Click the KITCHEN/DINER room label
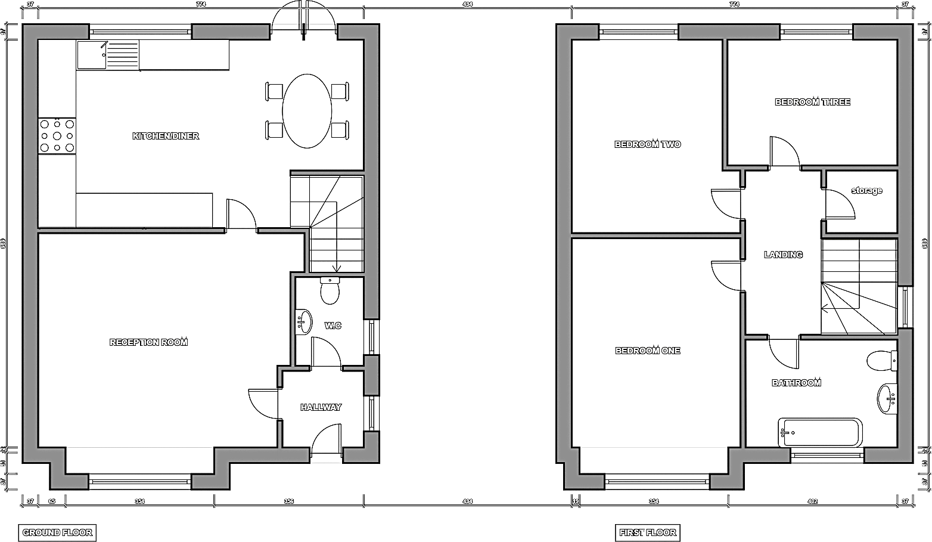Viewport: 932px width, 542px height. click(x=166, y=136)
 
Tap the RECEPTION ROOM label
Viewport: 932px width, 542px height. click(x=148, y=342)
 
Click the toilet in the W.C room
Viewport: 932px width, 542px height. click(x=330, y=290)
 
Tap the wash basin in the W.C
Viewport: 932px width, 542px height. click(x=304, y=323)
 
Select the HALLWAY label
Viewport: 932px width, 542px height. click(x=321, y=407)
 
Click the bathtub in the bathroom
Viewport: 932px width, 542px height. click(x=820, y=432)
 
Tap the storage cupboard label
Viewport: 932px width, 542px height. click(x=866, y=191)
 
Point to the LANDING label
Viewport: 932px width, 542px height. click(x=783, y=255)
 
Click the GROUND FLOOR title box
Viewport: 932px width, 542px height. click(x=57, y=532)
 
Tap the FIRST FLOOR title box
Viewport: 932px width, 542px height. click(x=647, y=532)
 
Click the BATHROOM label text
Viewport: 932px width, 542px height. click(x=796, y=383)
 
